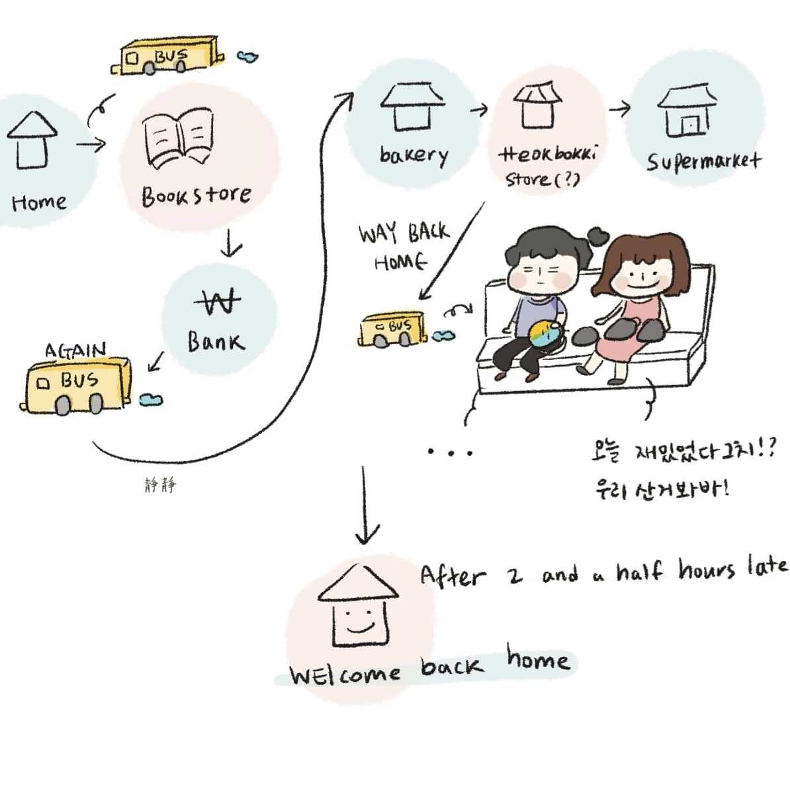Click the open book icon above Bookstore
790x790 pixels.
click(179, 139)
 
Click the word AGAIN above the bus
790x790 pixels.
click(75, 350)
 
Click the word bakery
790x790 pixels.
click(414, 155)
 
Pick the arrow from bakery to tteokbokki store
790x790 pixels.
click(478, 109)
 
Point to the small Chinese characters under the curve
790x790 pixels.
click(160, 486)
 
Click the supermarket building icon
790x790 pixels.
click(687, 110)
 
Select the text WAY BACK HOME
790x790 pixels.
click(402, 247)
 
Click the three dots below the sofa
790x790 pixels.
click(450, 453)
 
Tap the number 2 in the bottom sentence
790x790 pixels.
click(515, 577)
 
